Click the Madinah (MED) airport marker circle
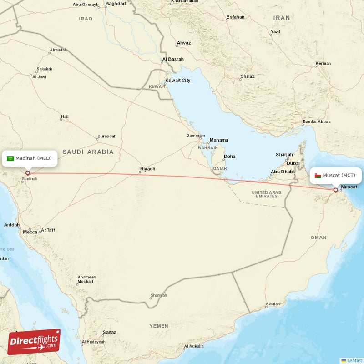pyautogui.click(x=27, y=173)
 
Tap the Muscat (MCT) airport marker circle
pyautogui.click(x=336, y=190)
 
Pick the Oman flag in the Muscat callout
pyautogui.click(x=317, y=175)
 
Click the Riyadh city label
pyautogui.click(x=147, y=169)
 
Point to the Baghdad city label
pyautogui.click(x=115, y=4)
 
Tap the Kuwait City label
pyautogui.click(x=177, y=81)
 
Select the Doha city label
pyautogui.click(x=229, y=157)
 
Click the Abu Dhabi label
pyautogui.click(x=283, y=172)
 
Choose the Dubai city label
pyautogui.click(x=293, y=163)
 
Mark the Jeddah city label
pyautogui.click(x=11, y=225)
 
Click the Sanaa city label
pyautogui.click(x=110, y=332)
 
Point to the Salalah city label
pyautogui.click(x=273, y=304)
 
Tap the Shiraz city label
pyautogui.click(x=248, y=76)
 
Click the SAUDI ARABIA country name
pyautogui.click(x=88, y=152)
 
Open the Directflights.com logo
pyautogui.click(x=34, y=342)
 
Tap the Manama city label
pyautogui.click(x=218, y=140)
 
